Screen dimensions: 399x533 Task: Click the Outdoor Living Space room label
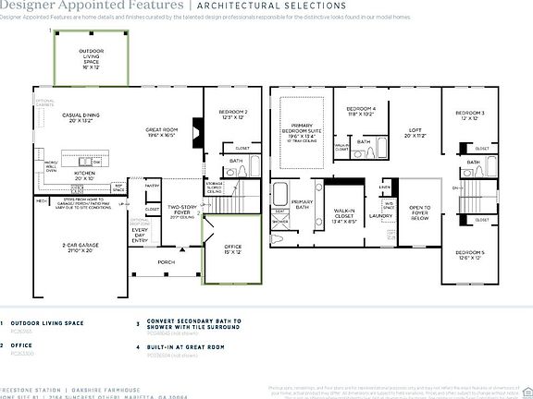[x=92, y=58]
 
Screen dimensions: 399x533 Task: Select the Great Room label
[x=161, y=132]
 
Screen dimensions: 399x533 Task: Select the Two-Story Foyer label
[x=179, y=212]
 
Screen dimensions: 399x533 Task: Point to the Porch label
[x=167, y=261]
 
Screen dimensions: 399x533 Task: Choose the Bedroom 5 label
[x=467, y=255]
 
